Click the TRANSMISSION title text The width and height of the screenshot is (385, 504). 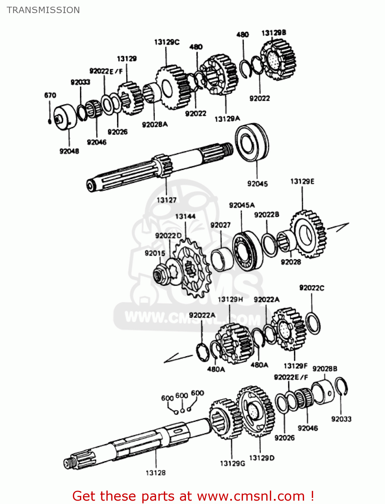[x=43, y=10]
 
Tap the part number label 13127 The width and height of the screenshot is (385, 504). [x=166, y=200]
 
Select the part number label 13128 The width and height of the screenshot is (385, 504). [x=155, y=473]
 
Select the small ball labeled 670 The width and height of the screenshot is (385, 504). [x=49, y=121]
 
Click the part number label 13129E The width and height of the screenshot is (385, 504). [x=302, y=181]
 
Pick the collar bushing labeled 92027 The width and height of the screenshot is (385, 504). [x=221, y=260]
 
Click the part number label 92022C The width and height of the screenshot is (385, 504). [x=311, y=288]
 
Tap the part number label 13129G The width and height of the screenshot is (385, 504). [x=232, y=463]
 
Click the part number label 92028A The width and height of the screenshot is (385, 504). [x=155, y=125]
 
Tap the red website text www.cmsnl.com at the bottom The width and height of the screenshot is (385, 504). [x=251, y=496]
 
